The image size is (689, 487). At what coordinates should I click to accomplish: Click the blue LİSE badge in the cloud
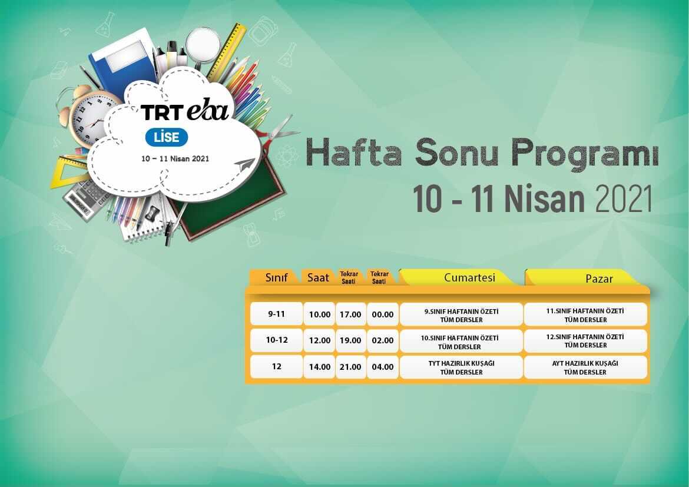pos(167,137)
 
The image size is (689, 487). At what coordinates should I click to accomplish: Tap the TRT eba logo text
pos(184,112)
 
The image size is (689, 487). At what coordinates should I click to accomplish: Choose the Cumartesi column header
pos(469,277)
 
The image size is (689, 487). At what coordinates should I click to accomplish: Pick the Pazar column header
pos(598,279)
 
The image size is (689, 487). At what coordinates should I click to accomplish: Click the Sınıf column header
pos(276,277)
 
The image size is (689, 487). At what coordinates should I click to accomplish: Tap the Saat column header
pos(318,277)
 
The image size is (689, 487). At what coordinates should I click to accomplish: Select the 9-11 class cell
pos(276,314)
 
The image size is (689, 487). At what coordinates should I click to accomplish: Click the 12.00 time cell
pos(320,340)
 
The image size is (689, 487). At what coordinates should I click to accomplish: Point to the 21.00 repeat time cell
pos(350,367)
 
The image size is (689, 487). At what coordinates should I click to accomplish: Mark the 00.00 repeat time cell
pos(382,314)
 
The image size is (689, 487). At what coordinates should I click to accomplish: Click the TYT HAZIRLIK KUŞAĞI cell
pos(461,367)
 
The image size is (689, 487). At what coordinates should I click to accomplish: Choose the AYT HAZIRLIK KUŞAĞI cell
pos(585,367)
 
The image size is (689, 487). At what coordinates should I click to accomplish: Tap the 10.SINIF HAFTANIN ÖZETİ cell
pos(461,342)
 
